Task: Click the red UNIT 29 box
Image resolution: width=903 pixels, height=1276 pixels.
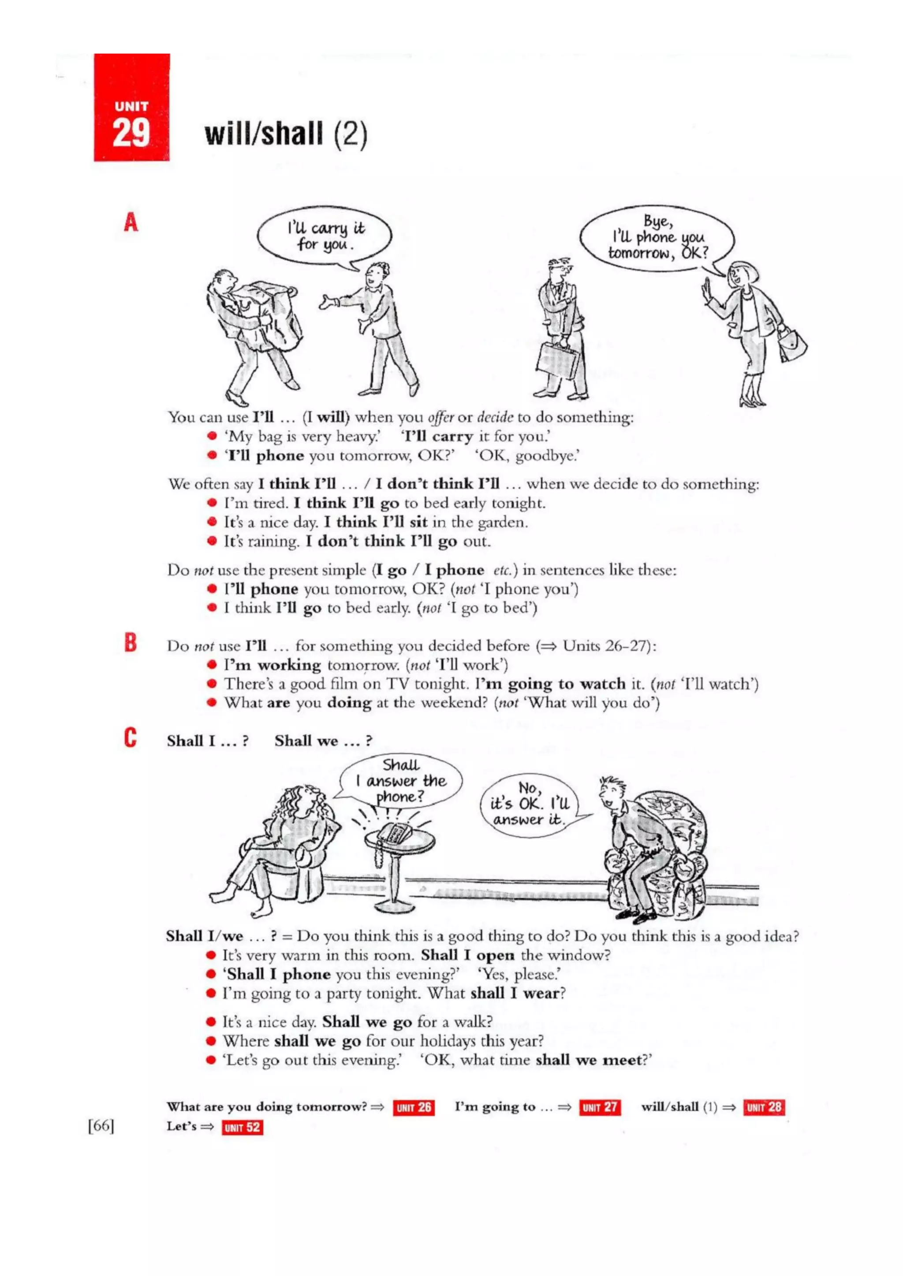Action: (x=132, y=107)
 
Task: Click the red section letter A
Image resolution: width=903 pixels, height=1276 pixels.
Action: (x=131, y=223)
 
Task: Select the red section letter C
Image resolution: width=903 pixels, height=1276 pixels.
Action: (x=130, y=738)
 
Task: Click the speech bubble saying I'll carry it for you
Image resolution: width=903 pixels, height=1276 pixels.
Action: (x=324, y=237)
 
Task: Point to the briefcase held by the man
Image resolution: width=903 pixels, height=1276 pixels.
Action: (x=558, y=360)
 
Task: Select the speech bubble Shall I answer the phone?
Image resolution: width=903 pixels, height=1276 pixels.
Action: (x=400, y=781)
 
